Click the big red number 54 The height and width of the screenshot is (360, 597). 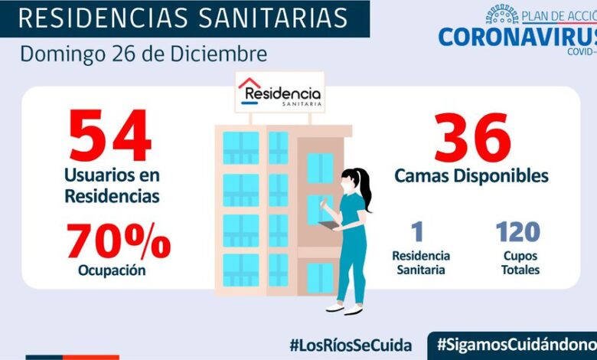[110, 136]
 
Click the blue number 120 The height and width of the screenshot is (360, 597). [517, 231]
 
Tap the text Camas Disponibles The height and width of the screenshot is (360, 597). [471, 176]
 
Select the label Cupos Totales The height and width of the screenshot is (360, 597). [520, 262]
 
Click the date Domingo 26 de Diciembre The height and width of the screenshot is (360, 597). [144, 54]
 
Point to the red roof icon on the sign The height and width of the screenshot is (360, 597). [250, 84]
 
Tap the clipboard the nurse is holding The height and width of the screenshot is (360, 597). [328, 225]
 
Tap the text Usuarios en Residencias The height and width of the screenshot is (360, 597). [112, 186]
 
